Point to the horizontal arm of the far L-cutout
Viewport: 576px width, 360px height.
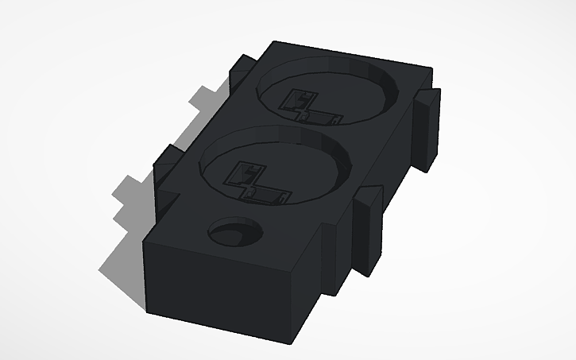(323, 119)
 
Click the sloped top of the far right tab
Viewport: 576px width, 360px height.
(429, 98)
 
